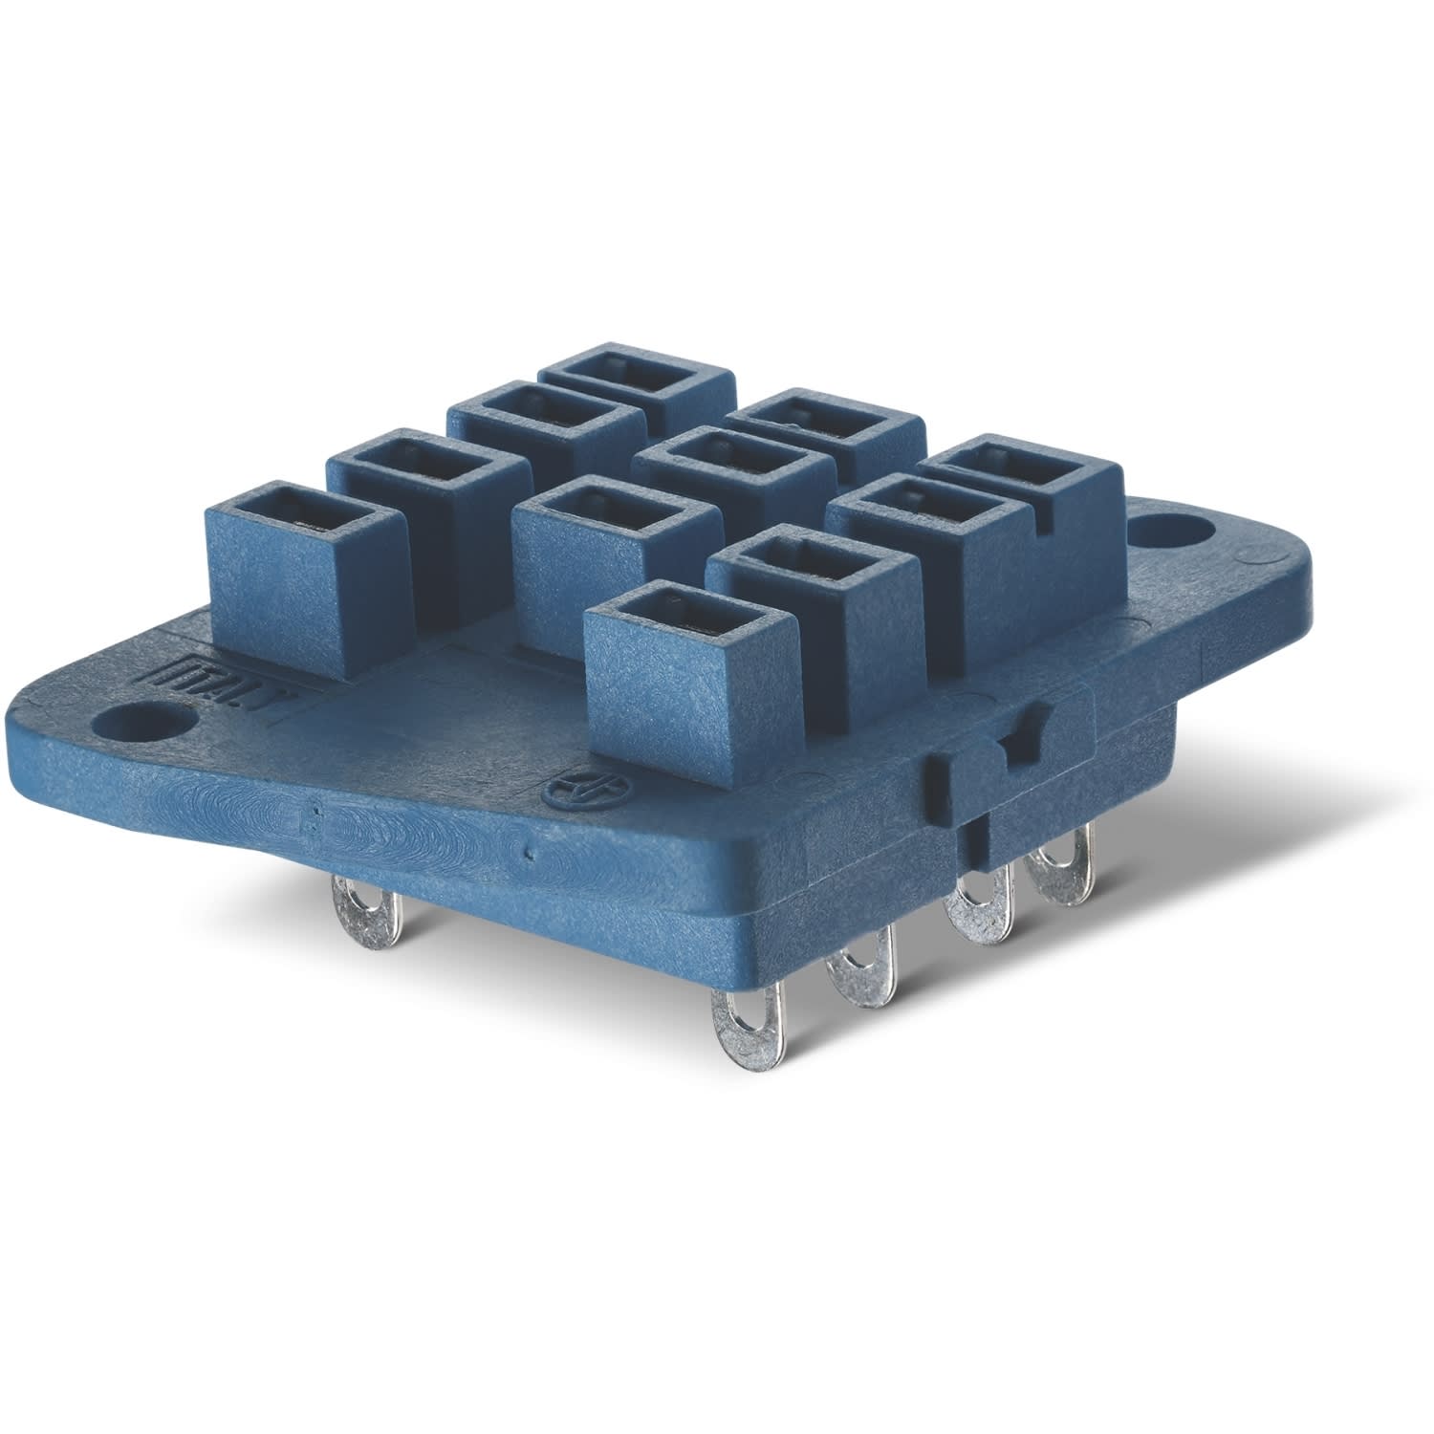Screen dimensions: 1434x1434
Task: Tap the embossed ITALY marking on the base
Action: point(175,668)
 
